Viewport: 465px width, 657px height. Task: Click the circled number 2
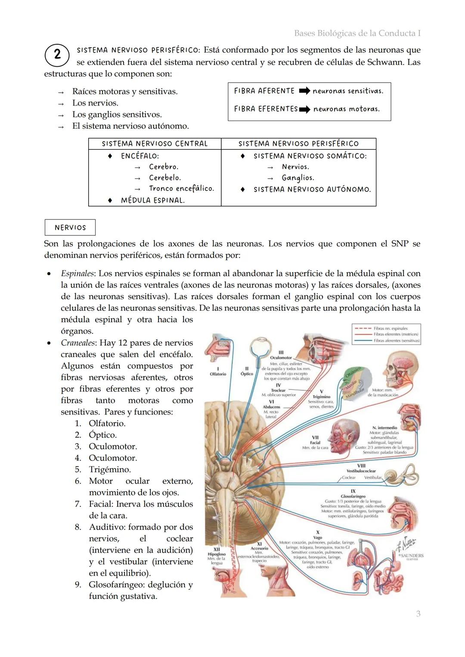pyautogui.click(x=57, y=55)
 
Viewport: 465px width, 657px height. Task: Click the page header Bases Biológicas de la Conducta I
pyautogui.click(x=357, y=33)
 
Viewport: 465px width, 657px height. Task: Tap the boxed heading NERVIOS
pyautogui.click(x=70, y=228)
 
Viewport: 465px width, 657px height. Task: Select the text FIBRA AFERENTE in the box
pyautogui.click(x=264, y=91)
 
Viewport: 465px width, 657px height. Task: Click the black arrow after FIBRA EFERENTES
pyautogui.click(x=305, y=109)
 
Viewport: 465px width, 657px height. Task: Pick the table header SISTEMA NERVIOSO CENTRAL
pyautogui.click(x=155, y=144)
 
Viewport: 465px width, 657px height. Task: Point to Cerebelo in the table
pyautogui.click(x=164, y=178)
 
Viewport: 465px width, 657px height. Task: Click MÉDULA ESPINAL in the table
pyautogui.click(x=152, y=200)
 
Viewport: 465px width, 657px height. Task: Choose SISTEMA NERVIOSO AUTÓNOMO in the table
pyautogui.click(x=312, y=189)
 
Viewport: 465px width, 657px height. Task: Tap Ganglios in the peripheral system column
pyautogui.click(x=298, y=178)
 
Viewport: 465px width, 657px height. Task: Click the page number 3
pyautogui.click(x=418, y=614)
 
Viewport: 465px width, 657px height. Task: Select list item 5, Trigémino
pyautogui.click(x=109, y=469)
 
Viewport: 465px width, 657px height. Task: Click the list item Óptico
pyautogui.click(x=102, y=435)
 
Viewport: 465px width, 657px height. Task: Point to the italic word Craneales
pyautogui.click(x=77, y=343)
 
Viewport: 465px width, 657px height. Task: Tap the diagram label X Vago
pyautogui.click(x=318, y=535)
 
